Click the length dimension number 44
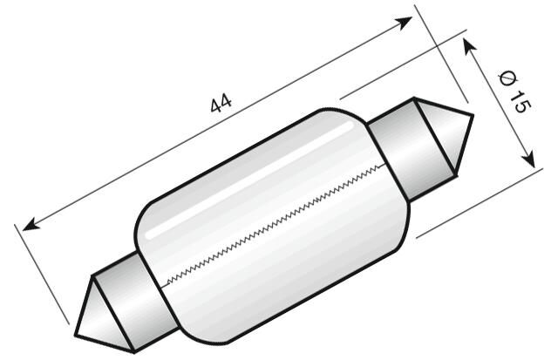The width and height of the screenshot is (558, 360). (x=221, y=104)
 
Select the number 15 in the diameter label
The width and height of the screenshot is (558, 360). (x=519, y=101)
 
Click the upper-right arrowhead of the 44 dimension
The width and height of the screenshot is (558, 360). (x=405, y=21)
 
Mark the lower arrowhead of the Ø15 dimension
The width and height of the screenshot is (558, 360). (x=528, y=160)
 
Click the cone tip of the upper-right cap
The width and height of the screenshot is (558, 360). (x=471, y=116)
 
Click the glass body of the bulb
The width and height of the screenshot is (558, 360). (x=270, y=235)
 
